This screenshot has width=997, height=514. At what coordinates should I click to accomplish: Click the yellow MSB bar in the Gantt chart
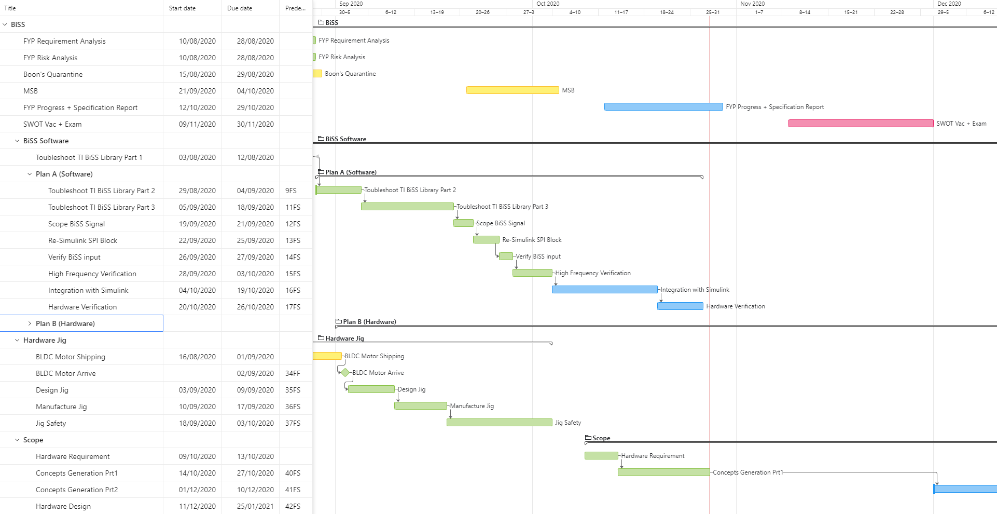(x=513, y=90)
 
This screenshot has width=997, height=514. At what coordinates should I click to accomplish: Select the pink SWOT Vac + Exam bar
(x=861, y=124)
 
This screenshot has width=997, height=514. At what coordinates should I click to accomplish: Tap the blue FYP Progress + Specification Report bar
(x=663, y=107)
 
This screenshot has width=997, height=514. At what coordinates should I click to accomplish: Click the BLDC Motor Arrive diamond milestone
(x=345, y=372)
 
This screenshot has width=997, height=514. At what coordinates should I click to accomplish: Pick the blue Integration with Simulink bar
(x=604, y=290)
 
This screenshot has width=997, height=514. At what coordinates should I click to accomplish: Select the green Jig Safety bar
(x=499, y=423)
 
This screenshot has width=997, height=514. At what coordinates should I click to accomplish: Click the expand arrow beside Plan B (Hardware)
(x=30, y=323)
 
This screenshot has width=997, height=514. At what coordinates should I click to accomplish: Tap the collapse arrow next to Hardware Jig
(x=17, y=340)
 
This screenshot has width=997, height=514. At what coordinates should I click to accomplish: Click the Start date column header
(x=182, y=8)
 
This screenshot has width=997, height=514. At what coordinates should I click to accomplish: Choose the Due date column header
(x=240, y=8)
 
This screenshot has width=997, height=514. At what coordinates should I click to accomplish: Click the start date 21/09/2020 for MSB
(x=197, y=91)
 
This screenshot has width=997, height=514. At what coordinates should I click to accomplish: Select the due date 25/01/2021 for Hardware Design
(x=255, y=506)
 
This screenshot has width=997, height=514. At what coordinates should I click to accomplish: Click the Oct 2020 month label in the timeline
(x=548, y=4)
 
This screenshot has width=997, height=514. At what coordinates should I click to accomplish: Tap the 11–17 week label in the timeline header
(x=621, y=12)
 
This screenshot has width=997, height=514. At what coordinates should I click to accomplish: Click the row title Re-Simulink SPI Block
(x=82, y=240)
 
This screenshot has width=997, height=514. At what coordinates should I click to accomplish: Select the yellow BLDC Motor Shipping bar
(x=327, y=356)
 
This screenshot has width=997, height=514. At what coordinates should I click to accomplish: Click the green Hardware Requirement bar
(x=601, y=456)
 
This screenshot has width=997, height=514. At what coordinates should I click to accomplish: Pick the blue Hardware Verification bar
(x=680, y=306)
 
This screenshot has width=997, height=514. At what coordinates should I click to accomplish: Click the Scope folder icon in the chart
(x=588, y=438)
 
